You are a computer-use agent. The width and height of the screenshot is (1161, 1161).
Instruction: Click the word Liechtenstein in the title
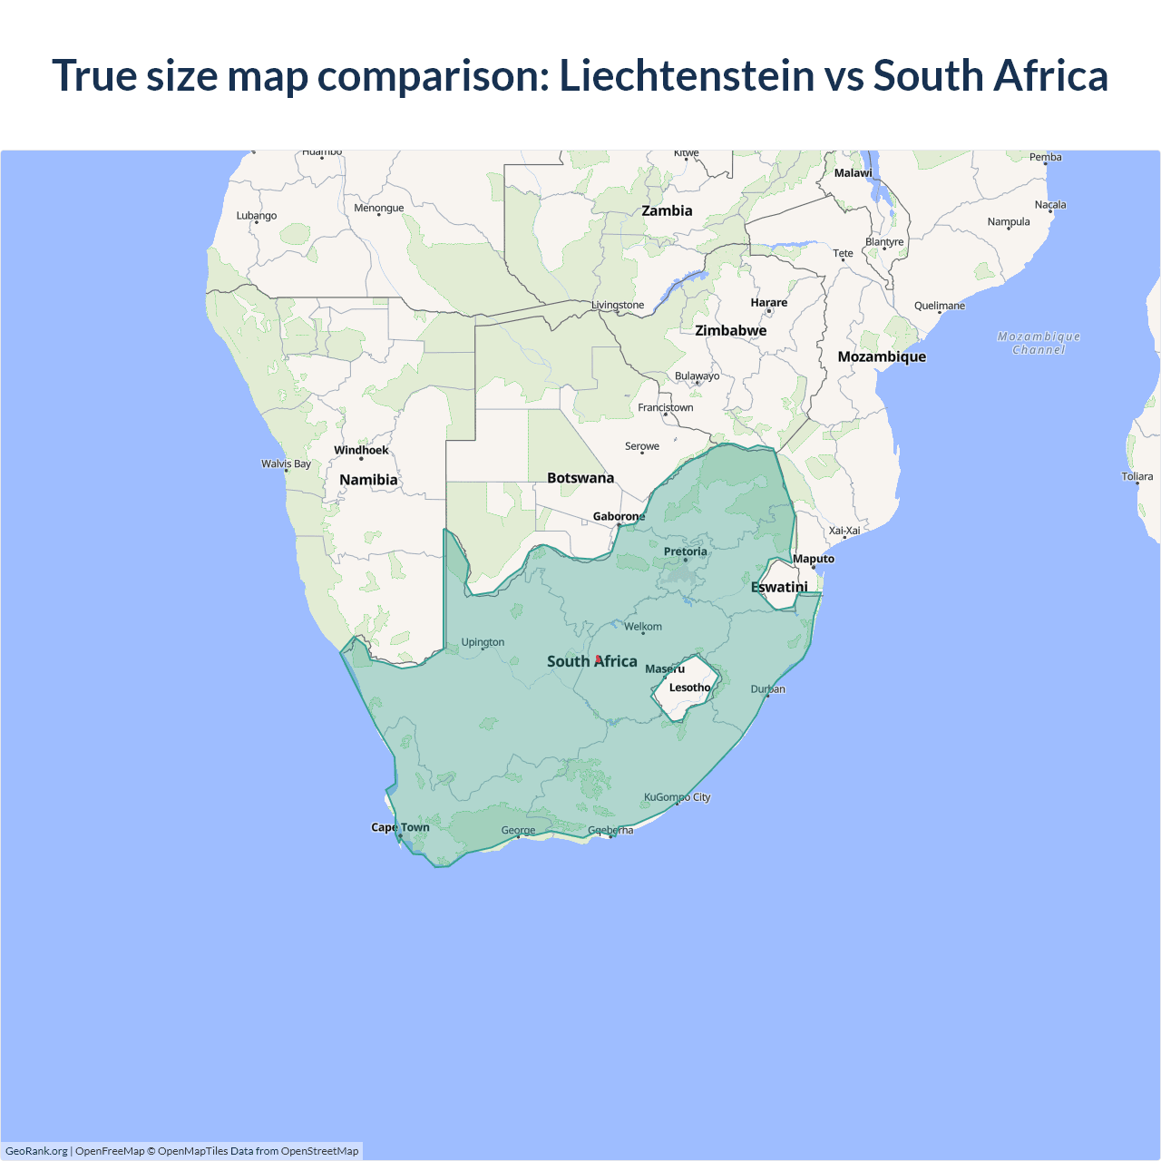[687, 75]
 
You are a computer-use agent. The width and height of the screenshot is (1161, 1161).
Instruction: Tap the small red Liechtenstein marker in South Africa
[598, 659]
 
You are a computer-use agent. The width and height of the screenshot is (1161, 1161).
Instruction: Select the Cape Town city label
[400, 827]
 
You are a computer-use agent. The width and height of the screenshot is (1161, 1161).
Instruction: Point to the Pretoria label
[685, 551]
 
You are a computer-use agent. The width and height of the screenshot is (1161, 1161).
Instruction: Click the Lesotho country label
[689, 688]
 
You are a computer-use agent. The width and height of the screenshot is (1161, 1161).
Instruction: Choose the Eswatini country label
[779, 587]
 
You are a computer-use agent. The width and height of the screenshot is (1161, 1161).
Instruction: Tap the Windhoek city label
[361, 450]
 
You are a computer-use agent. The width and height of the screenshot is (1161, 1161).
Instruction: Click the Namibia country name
[368, 480]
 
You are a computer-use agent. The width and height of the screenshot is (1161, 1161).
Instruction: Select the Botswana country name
[580, 478]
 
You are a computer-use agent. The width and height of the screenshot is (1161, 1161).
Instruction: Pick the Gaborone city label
[619, 516]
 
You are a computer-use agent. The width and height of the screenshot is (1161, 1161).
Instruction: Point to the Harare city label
[768, 302]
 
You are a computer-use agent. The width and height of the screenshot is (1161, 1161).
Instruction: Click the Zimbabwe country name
[730, 330]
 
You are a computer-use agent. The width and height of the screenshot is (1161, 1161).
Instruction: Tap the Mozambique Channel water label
[1039, 343]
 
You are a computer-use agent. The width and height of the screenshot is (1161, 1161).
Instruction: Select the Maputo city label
[813, 559]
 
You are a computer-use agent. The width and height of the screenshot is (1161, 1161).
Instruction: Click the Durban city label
[767, 689]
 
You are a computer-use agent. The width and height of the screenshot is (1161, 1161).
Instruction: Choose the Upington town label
[483, 642]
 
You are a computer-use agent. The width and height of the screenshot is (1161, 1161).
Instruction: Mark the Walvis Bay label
[286, 463]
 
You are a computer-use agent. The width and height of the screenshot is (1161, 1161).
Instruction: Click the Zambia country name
[667, 210]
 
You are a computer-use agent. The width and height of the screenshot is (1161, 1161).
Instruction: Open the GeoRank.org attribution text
[36, 1151]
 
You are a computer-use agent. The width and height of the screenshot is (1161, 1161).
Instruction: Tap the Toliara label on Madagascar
[1137, 476]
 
